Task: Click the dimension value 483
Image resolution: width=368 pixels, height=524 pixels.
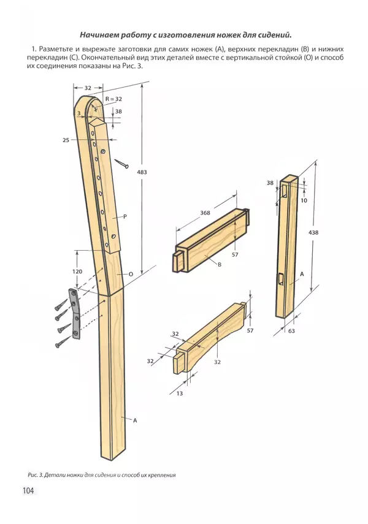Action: point(142,172)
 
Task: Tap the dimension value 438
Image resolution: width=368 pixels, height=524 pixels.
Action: point(313,232)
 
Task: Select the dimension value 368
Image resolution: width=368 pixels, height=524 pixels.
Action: point(205,213)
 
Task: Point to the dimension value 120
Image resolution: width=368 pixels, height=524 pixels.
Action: point(77,271)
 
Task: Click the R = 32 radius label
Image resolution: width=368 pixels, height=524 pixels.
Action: point(113,99)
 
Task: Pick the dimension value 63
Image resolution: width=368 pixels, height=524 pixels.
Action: point(291,331)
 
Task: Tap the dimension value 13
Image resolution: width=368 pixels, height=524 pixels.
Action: point(180,393)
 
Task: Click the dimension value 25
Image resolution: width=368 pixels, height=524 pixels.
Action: point(66,140)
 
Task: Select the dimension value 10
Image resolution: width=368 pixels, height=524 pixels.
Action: point(304,200)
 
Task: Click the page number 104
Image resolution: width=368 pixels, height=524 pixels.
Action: point(28,490)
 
